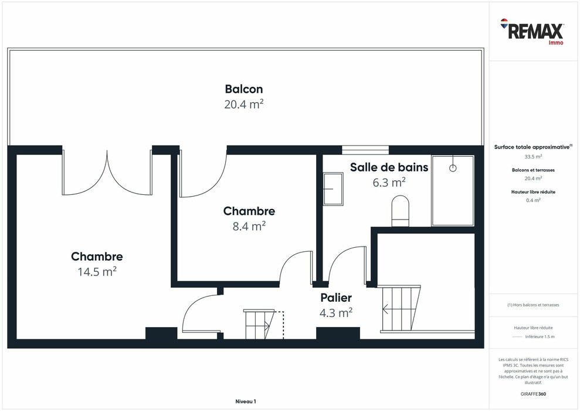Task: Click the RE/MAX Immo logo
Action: pyautogui.click(x=532, y=32)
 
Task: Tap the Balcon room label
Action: pyautogui.click(x=244, y=89)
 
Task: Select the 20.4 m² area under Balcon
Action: pyautogui.click(x=244, y=105)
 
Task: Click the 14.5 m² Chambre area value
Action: pyautogui.click(x=97, y=272)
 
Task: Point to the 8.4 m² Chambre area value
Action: pyautogui.click(x=249, y=226)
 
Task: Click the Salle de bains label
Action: pyautogui.click(x=389, y=167)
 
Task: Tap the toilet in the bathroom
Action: pyautogui.click(x=400, y=211)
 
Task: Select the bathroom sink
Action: pyautogui.click(x=333, y=188)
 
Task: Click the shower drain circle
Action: pyautogui.click(x=453, y=168)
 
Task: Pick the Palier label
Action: pyautogui.click(x=336, y=298)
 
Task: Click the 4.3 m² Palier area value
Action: pyautogui.click(x=336, y=313)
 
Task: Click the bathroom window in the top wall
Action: pyautogui.click(x=365, y=150)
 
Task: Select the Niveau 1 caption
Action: pyautogui.click(x=246, y=402)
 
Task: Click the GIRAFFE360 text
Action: pyautogui.click(x=533, y=394)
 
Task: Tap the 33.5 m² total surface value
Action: pyautogui.click(x=533, y=157)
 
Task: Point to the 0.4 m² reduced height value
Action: pyautogui.click(x=533, y=200)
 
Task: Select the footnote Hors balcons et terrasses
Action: pyautogui.click(x=533, y=305)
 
